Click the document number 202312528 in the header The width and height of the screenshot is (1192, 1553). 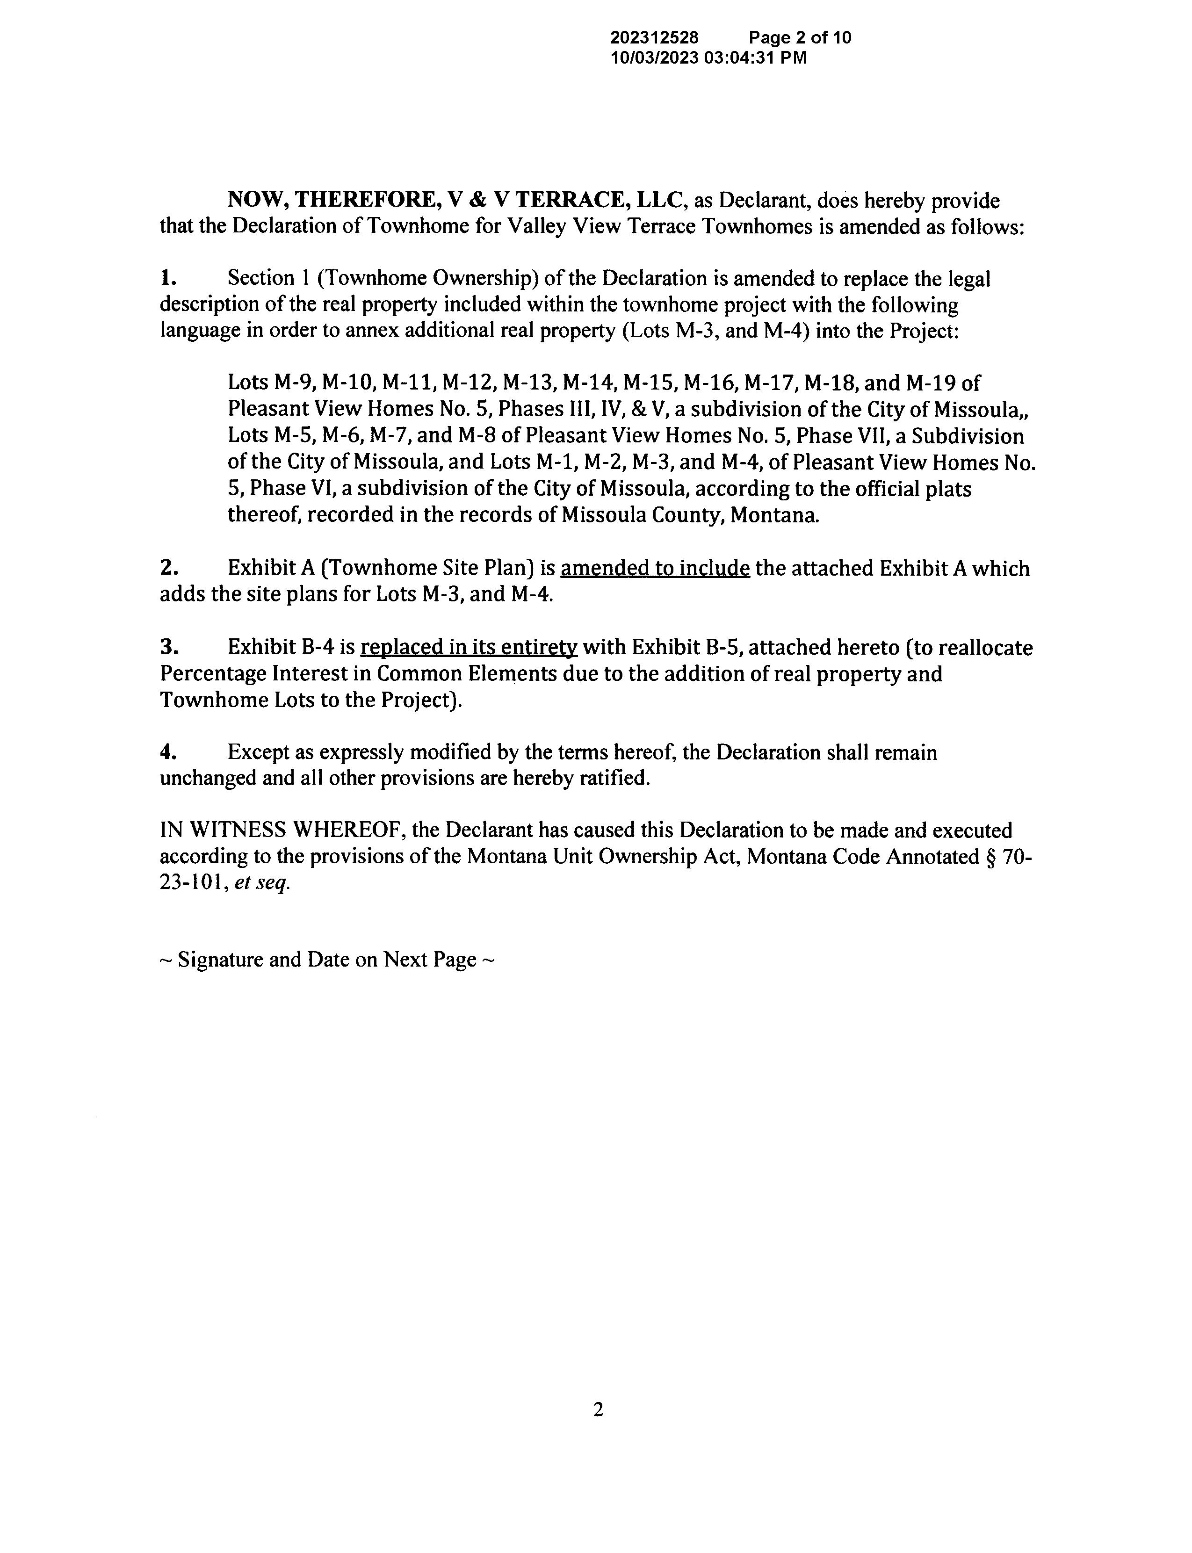[654, 37]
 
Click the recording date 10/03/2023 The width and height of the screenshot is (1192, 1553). [655, 58]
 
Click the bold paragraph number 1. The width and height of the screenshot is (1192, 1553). [167, 278]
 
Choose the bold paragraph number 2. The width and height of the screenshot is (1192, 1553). [168, 568]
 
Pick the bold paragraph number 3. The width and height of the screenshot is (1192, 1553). [168, 647]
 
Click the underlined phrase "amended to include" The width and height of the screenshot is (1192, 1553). [655, 568]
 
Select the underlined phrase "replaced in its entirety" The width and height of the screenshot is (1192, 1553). [469, 648]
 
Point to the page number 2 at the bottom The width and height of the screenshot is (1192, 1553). [598, 1410]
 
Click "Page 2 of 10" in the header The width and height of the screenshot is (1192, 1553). [800, 37]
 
